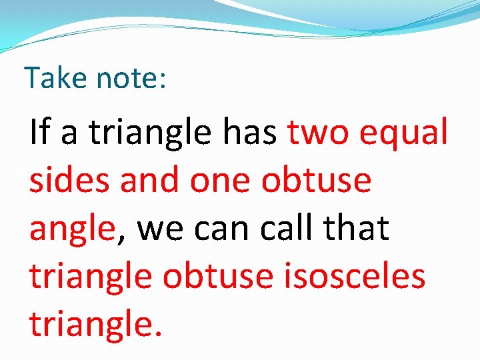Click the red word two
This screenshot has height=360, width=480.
pyautogui.click(x=319, y=133)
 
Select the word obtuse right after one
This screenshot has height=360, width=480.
pyautogui.click(x=316, y=179)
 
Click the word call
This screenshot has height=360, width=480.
pyautogui.click(x=287, y=227)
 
